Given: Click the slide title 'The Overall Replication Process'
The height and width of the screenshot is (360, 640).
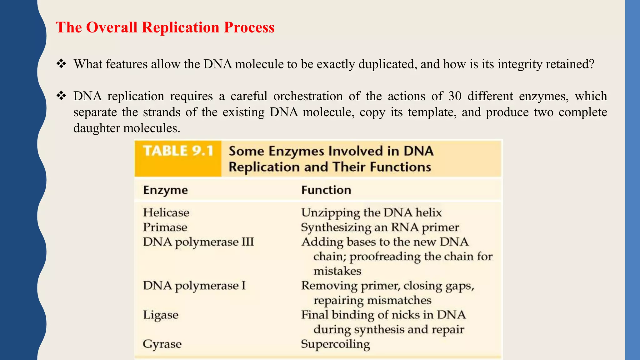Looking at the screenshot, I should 165,27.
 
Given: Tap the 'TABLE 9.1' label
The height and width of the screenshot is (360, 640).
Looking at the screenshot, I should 178,151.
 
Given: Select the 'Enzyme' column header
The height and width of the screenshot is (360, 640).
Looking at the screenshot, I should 165,190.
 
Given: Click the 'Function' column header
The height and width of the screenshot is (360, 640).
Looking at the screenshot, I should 326,190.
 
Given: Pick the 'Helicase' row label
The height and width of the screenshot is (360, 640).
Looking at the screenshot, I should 166,213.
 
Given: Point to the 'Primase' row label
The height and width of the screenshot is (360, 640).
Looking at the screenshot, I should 165,227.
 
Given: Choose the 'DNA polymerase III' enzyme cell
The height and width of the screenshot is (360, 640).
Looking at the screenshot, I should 198,242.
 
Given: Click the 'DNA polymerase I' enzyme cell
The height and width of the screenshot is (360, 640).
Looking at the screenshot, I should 194,286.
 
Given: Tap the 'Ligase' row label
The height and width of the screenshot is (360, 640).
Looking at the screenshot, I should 161,315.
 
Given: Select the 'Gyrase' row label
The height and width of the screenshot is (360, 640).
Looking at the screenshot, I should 162,344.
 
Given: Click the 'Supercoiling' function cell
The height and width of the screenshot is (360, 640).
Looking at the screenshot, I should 335,344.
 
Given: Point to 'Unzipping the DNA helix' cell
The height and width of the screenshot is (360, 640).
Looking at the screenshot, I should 371,213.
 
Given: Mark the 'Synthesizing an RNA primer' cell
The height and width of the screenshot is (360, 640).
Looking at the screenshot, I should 380,227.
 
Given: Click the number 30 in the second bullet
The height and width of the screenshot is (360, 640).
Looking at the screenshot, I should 455,96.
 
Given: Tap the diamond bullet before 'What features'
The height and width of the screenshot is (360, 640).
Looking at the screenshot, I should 61,64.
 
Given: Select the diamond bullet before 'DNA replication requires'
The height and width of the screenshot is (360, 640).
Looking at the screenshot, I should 61,96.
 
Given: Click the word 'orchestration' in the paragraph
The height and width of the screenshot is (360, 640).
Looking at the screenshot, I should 308,96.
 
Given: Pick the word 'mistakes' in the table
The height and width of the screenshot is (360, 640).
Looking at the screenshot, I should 337,271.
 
